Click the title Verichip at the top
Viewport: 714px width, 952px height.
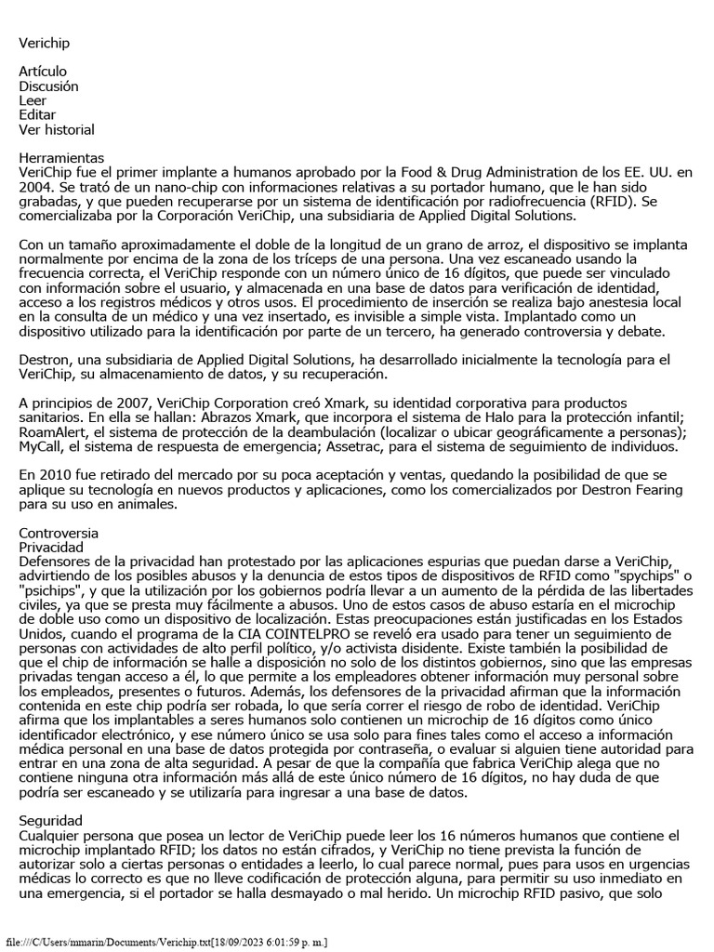tap(44, 43)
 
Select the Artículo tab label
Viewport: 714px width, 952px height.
tap(43, 72)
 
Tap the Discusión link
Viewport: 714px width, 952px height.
tap(48, 86)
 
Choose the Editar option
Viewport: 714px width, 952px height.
tap(37, 115)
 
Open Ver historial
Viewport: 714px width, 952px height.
tap(56, 130)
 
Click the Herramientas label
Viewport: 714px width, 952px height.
tap(61, 158)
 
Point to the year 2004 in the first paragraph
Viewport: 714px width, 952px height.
tap(34, 187)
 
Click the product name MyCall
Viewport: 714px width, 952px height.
tap(38, 445)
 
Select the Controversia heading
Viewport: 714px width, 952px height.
tap(58, 533)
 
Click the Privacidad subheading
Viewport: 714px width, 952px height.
tap(51, 548)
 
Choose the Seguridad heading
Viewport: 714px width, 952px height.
tap(51, 821)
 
